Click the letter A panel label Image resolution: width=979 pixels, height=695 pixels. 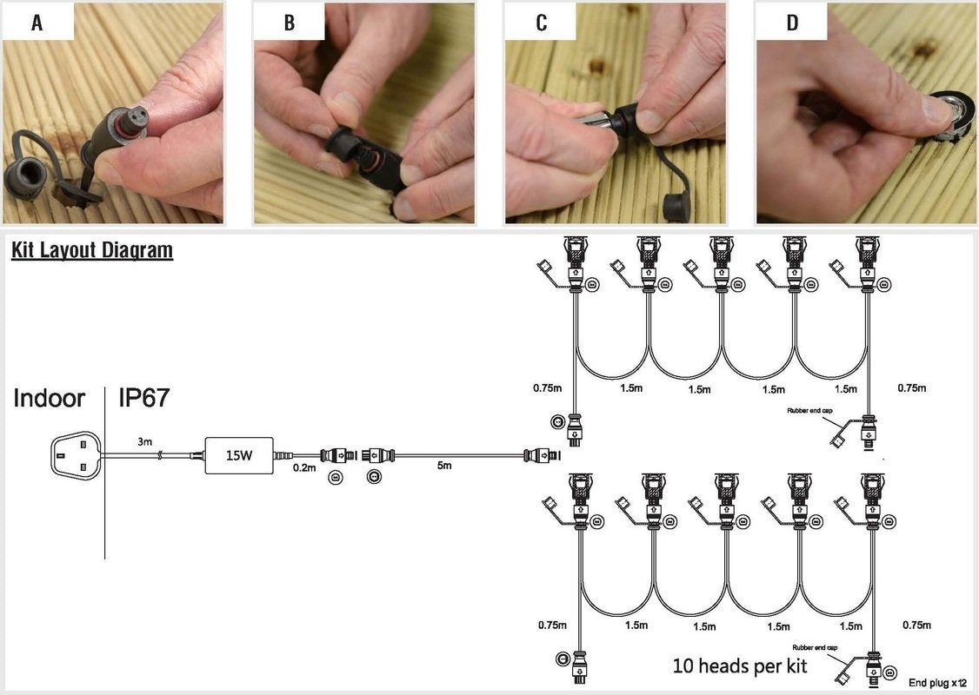37,23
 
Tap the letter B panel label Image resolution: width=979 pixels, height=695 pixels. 289,23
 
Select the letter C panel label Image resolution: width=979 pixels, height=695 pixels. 541,23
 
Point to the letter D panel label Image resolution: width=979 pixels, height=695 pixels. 792,23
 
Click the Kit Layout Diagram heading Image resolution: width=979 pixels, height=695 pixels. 92,251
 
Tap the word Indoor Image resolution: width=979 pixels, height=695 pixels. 50,399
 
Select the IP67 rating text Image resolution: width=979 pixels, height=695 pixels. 144,399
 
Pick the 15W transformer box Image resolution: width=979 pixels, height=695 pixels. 238,455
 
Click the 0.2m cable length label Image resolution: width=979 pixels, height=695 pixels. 304,467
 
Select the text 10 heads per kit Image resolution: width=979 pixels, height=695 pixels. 740,666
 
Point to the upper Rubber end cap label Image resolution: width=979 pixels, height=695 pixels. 809,410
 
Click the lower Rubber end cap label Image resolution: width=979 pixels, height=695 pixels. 815,648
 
